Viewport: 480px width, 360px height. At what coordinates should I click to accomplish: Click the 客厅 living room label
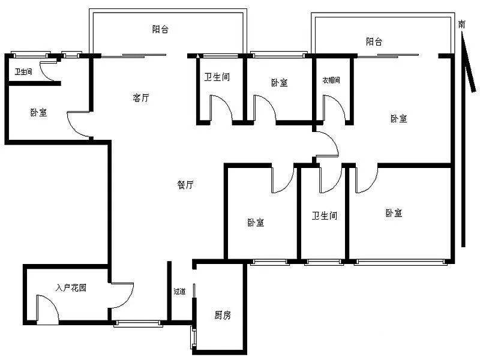[x=141, y=98]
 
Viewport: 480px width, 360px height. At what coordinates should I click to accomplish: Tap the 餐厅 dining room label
[x=185, y=185]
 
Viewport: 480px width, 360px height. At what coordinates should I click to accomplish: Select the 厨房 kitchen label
[x=222, y=315]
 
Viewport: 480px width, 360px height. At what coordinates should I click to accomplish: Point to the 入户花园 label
[x=71, y=288]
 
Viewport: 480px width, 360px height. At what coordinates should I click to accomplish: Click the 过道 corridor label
[x=179, y=291]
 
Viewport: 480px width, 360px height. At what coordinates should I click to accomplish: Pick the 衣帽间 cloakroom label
[x=331, y=80]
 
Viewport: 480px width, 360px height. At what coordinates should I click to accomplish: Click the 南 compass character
[x=461, y=24]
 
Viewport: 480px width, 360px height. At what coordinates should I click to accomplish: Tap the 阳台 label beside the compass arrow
[x=374, y=41]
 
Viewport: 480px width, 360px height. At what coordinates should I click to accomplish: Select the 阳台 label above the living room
[x=160, y=29]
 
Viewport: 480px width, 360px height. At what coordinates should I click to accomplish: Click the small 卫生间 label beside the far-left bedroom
[x=23, y=71]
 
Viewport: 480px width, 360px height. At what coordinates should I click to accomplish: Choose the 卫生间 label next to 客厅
[x=217, y=77]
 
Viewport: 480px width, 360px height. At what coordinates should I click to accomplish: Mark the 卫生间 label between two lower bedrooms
[x=325, y=215]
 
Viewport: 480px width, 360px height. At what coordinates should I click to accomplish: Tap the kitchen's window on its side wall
[x=193, y=337]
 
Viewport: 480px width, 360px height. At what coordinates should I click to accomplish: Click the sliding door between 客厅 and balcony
[x=134, y=55]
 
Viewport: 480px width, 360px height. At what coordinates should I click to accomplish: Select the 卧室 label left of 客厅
[x=38, y=112]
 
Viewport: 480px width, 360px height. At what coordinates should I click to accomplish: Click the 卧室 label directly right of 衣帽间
[x=398, y=118]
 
